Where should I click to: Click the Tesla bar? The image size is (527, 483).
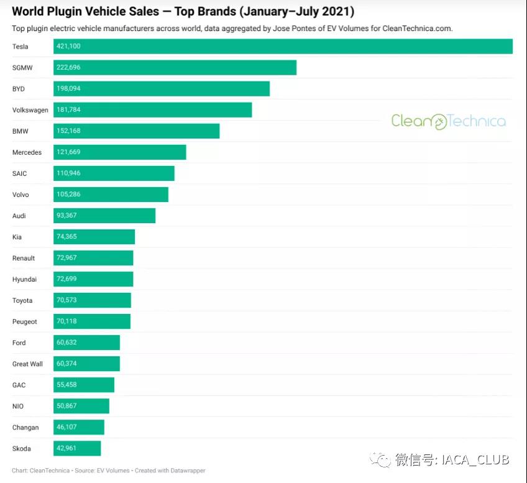point(283,47)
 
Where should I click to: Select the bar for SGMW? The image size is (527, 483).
point(175,68)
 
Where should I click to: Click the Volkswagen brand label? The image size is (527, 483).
point(30,110)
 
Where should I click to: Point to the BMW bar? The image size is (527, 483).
point(136,131)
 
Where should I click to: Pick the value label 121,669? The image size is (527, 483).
point(68,152)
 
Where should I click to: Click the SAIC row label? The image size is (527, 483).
point(19,173)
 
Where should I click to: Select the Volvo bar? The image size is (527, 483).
point(111,195)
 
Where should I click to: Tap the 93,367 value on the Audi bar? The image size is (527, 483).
point(66,216)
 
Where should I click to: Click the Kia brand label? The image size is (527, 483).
point(17,237)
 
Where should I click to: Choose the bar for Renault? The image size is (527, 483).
point(93,258)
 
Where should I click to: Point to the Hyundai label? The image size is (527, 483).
point(24,279)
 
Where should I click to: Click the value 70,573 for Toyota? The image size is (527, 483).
point(66,300)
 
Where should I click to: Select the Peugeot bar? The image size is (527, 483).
point(92,321)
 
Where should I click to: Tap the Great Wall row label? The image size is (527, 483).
point(27,364)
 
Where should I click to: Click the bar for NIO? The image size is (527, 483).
point(81,406)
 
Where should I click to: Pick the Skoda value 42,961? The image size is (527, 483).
point(66,448)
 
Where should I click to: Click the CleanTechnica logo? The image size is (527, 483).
point(448,121)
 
